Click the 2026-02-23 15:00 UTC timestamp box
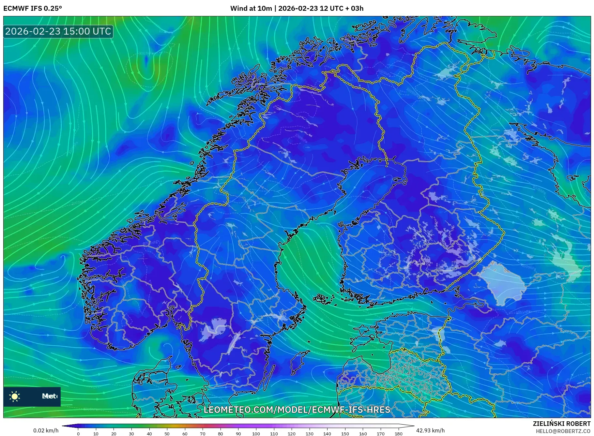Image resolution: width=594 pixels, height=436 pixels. [x=58, y=31]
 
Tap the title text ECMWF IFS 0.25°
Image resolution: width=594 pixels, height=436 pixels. [x=33, y=8]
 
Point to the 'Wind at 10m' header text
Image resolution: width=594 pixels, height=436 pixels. [x=251, y=8]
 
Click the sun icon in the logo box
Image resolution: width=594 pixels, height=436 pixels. [x=15, y=396]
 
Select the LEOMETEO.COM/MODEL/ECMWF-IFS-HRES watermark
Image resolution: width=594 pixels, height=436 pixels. [x=297, y=410]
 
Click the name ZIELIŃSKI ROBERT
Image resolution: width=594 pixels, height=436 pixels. [x=561, y=424]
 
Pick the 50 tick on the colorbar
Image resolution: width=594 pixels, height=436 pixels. [x=167, y=434]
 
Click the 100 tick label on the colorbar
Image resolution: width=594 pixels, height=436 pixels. [x=256, y=434]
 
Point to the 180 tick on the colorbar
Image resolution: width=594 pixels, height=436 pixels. [x=398, y=434]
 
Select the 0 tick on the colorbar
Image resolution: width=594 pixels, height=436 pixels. [x=78, y=434]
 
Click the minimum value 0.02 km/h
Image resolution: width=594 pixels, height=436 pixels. [x=46, y=430]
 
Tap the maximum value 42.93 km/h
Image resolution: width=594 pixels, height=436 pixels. [x=430, y=430]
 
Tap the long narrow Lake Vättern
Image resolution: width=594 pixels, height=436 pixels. [x=234, y=342]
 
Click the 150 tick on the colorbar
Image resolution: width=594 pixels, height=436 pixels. [x=345, y=434]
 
